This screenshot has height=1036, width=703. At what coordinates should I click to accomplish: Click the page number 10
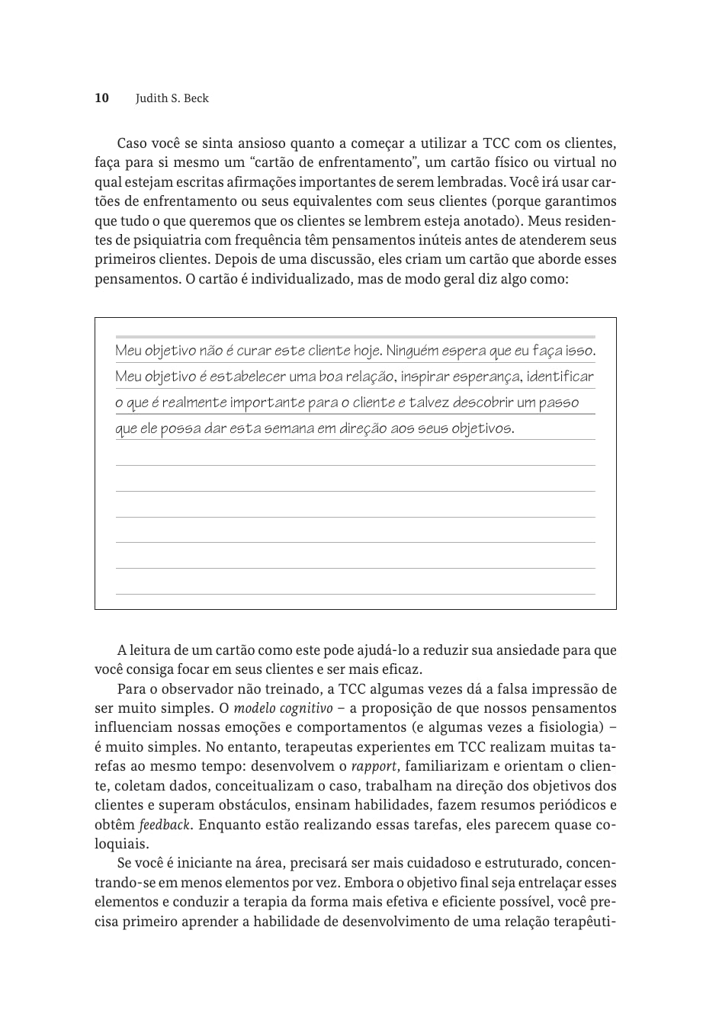point(101,98)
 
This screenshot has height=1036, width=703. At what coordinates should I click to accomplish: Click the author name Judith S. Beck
point(172,98)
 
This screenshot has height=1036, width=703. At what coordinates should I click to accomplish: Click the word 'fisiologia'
point(570,727)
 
